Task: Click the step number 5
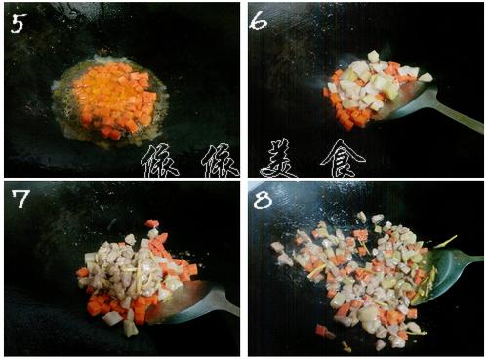18,23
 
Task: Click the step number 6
258,20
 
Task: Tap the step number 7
20,198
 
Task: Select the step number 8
263,199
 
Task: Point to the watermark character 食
343,158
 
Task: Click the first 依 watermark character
159,161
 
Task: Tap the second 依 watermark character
221,161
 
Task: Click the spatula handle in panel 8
471,260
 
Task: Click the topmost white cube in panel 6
373,57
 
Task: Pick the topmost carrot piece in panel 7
152,223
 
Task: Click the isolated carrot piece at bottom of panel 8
321,330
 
